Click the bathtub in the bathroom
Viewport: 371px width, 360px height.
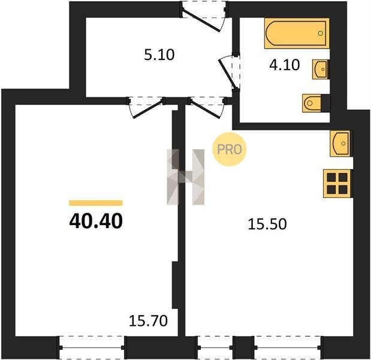point(297,33)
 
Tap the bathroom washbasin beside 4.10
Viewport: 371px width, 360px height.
point(321,69)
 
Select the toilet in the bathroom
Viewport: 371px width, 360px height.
point(312,103)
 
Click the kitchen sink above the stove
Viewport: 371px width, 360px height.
point(340,143)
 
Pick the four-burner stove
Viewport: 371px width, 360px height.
point(337,184)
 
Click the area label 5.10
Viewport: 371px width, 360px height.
point(159,55)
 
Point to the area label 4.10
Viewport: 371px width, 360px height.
point(285,65)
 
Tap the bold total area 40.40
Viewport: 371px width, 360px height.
point(96,221)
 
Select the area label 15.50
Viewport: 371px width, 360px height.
point(267,224)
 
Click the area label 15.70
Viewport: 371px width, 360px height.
point(149,321)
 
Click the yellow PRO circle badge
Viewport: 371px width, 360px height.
point(230,149)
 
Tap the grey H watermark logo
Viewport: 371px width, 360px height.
point(186,176)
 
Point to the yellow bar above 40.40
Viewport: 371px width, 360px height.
point(96,203)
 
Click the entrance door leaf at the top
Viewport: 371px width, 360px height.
point(202,20)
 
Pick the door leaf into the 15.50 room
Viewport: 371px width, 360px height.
point(205,109)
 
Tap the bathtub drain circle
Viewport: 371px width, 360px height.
point(321,33)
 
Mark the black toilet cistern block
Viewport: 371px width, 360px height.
point(325,103)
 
